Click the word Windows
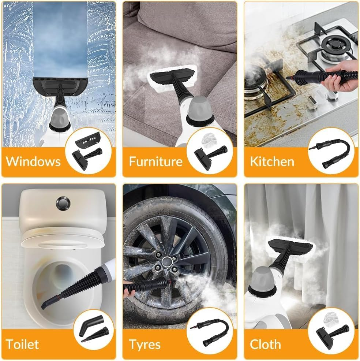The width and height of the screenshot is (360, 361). click(33, 161)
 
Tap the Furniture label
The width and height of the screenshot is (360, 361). click(155, 161)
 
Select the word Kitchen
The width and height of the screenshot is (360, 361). click(272, 161)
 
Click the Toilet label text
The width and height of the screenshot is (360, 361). click(22, 344)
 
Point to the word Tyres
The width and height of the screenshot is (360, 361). click(145, 345)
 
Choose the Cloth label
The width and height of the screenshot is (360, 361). click(265, 344)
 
